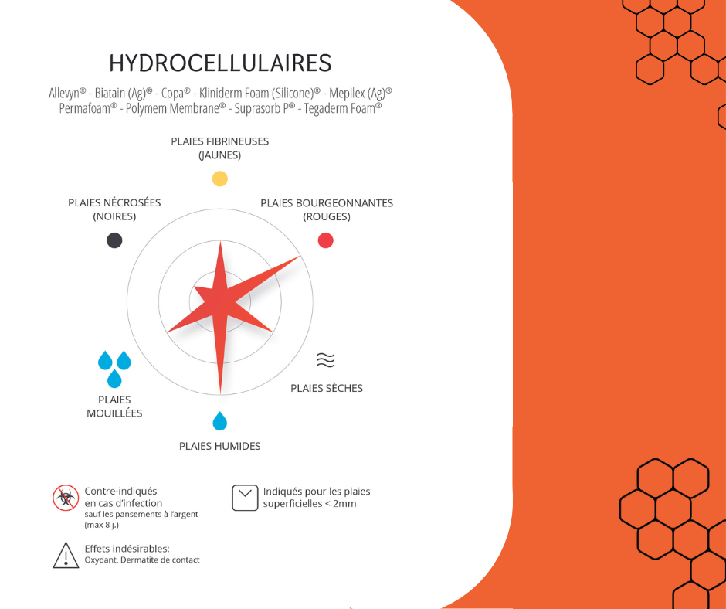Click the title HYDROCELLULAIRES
tap(220, 63)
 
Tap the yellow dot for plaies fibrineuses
tap(220, 179)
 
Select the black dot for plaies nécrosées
tap(114, 240)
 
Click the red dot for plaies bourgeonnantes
tap(325, 240)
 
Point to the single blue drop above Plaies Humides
tap(220, 421)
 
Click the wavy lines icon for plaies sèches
tap(325, 359)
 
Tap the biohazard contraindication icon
tap(66, 498)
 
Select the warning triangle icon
tap(66, 555)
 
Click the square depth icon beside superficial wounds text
tap(245, 498)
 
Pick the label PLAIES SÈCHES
tap(327, 389)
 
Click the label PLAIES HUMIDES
tap(220, 447)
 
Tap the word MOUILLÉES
tap(114, 413)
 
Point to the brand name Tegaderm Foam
tap(343, 108)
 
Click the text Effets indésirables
tap(127, 549)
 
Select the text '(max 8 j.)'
tap(101, 525)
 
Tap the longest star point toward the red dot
tap(299, 257)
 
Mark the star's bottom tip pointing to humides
tap(220, 393)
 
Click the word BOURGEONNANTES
tap(343, 203)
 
